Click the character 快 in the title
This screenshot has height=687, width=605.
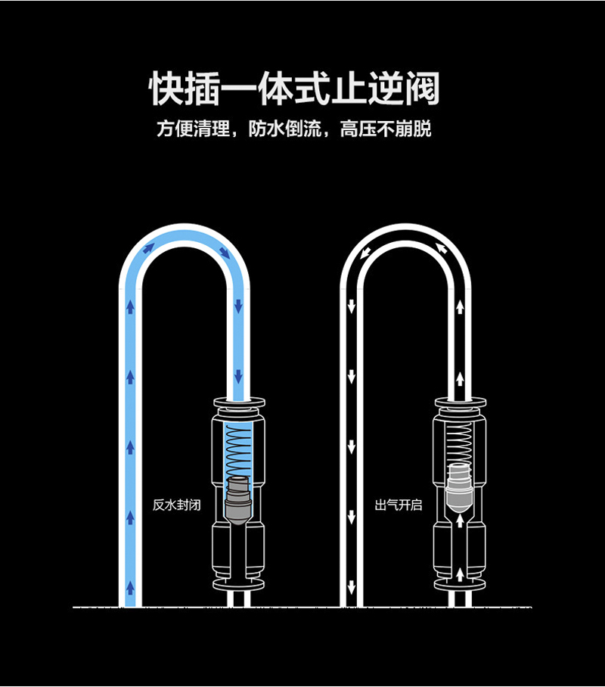click(167, 90)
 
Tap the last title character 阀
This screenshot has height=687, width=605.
click(420, 90)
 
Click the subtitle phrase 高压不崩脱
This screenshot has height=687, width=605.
click(386, 129)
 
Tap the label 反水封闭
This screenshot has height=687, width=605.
click(176, 505)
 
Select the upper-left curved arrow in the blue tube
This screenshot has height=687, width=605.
click(148, 246)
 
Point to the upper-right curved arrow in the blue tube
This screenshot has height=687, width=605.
click(225, 251)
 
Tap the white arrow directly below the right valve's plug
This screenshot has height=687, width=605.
click(460, 521)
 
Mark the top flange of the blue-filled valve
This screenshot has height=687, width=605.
click(239, 402)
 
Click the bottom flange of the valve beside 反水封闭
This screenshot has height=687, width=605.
click(239, 586)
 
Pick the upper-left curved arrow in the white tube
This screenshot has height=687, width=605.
click(367, 252)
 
